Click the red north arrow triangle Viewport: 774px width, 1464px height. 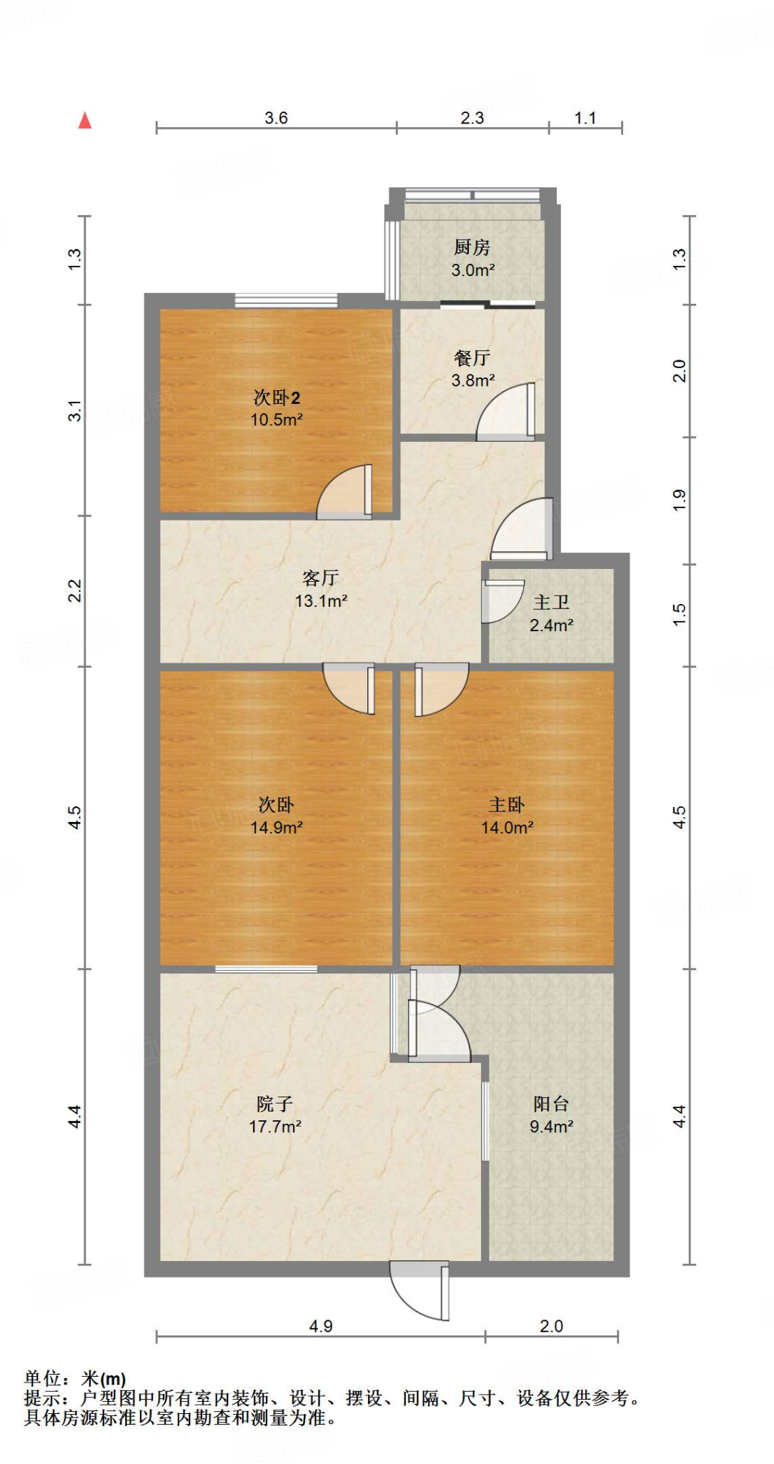point(85,121)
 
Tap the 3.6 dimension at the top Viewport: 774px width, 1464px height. point(276,118)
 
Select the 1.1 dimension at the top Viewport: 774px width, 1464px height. point(585,118)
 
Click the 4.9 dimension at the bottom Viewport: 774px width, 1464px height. point(321,1326)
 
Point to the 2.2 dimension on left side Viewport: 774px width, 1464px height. point(75,590)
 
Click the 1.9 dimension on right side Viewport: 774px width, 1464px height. point(679,500)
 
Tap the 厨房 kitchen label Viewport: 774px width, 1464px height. point(472,247)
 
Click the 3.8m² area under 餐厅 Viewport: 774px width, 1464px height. point(473,380)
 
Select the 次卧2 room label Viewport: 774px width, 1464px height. point(277,397)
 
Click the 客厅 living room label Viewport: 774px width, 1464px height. point(320,578)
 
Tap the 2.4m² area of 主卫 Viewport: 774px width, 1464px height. point(551,625)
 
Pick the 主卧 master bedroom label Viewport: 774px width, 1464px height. point(506,805)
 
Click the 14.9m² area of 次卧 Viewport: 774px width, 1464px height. point(277,828)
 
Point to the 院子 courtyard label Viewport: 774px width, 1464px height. point(274,1104)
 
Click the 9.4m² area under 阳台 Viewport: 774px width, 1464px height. point(551,1127)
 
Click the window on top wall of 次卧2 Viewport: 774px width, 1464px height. point(286,300)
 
